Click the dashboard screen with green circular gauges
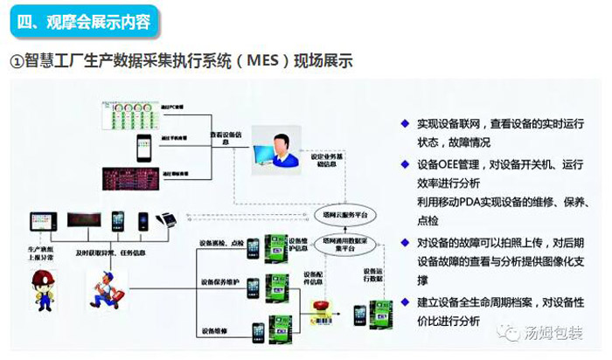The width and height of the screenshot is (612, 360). click(132, 113)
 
